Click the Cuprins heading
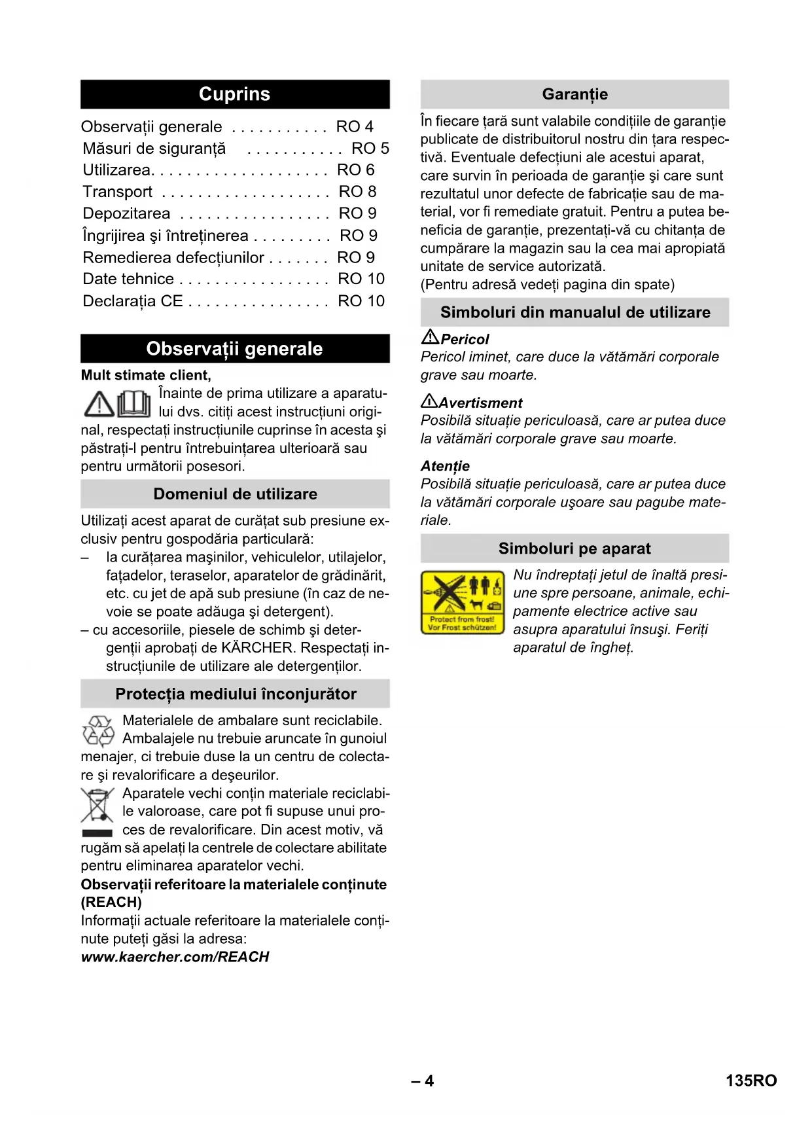coord(234,94)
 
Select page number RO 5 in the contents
coord(370,149)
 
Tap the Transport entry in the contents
coord(118,192)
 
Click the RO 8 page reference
coord(357,192)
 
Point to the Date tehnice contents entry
coord(128,279)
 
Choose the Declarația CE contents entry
coord(133,301)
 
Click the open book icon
coord(134,403)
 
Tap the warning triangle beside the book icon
coord(99,404)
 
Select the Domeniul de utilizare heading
coord(235,494)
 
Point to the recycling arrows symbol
coord(98,730)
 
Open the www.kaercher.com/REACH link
coord(175,957)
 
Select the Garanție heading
coord(574,94)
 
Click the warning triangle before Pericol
coord(430,337)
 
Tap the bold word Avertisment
coord(480,403)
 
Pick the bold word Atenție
coord(445,466)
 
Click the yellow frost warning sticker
coord(463,602)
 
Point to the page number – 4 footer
coord(423,1081)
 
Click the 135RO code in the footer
coord(750,1081)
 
